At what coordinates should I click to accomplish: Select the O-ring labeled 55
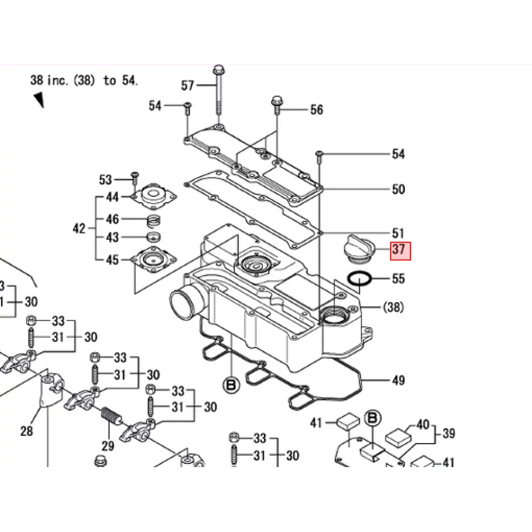coord(360,279)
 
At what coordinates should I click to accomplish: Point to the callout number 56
coord(316,110)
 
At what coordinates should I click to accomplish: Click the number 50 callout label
coord(398,189)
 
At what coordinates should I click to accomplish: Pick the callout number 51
coord(398,233)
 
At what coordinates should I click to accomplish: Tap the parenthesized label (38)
coord(394,307)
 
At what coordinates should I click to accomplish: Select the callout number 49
coord(398,380)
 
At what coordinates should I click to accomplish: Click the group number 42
coord(79,229)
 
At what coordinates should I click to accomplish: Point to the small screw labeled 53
coord(135,179)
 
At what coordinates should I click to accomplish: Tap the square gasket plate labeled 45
coord(154,260)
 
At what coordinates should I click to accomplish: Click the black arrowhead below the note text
coord(39,100)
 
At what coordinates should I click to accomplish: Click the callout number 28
coord(26,431)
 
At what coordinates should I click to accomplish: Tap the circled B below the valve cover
coord(231,385)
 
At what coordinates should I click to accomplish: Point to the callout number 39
coord(448,433)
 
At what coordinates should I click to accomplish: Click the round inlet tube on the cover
coord(185,301)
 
